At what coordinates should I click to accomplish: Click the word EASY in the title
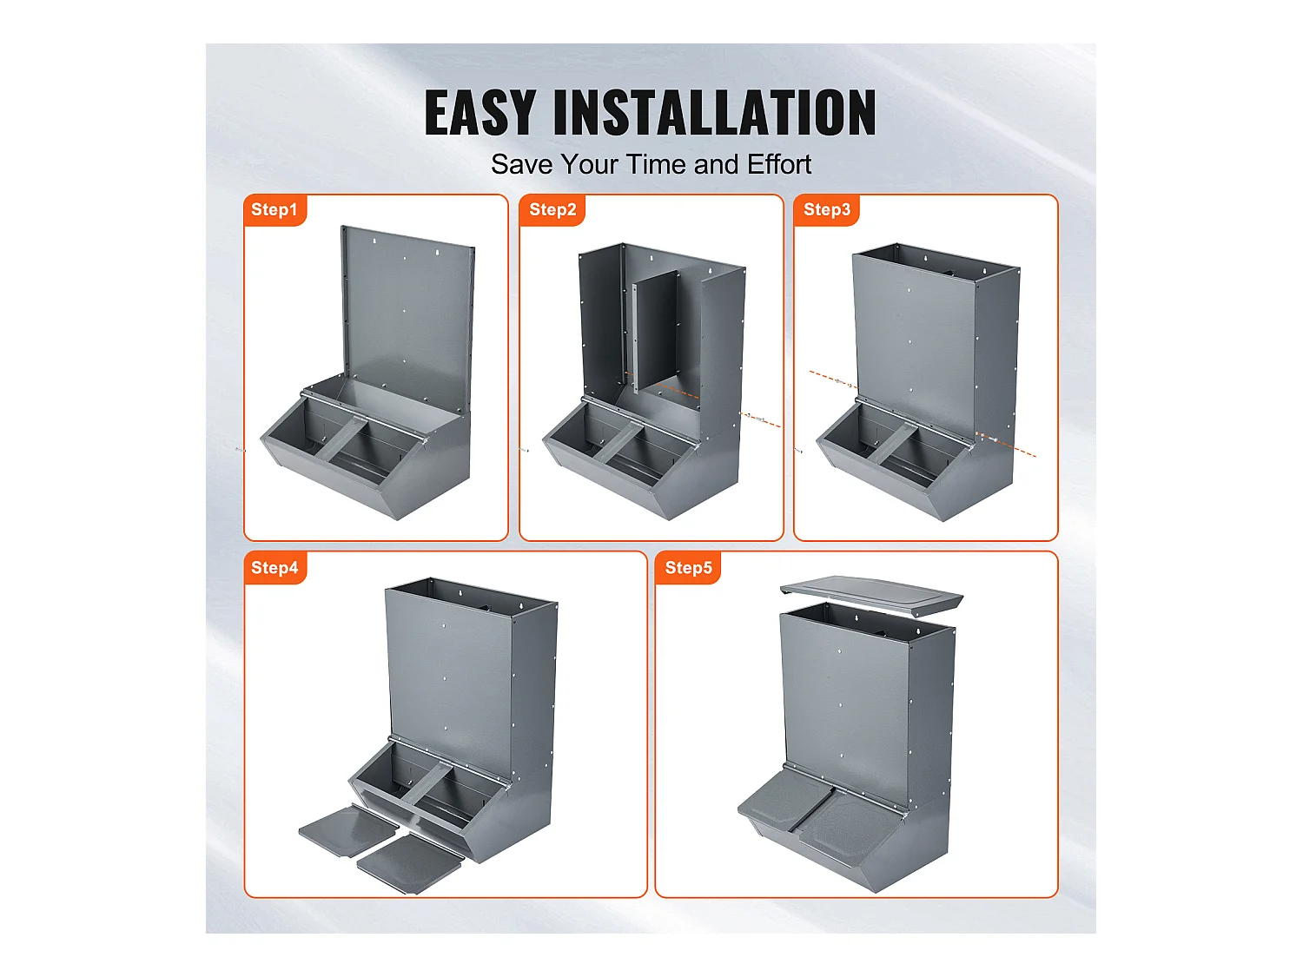pyautogui.click(x=481, y=113)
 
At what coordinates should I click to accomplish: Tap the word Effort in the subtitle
pyautogui.click(x=779, y=164)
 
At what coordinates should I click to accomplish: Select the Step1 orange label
pyautogui.click(x=274, y=209)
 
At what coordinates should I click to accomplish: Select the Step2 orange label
pyautogui.click(x=552, y=209)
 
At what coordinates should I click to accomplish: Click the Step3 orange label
pyautogui.click(x=826, y=209)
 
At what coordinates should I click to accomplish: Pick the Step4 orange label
pyautogui.click(x=274, y=568)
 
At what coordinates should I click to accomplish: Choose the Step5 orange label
pyautogui.click(x=687, y=568)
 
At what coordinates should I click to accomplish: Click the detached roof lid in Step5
pyautogui.click(x=871, y=594)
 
